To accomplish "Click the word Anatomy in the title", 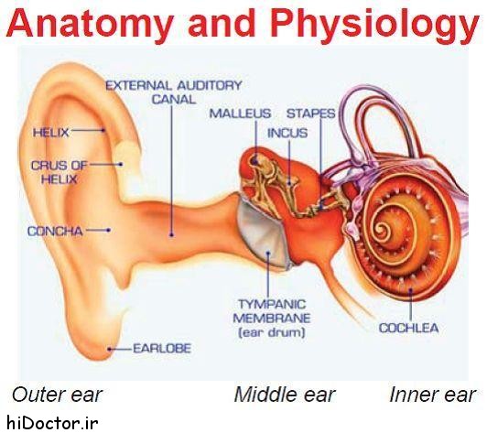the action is pos(89,23).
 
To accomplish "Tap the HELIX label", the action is pos(51,133).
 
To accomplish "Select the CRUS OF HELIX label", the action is pos(59,172).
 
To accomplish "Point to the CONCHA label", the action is pos(55,231).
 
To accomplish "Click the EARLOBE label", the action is pos(162,349).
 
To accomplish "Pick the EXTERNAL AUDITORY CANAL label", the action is pos(174,92).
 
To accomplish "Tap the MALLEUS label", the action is pos(240,114).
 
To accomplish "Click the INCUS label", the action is pos(287,133).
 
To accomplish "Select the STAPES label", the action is pos(310,114).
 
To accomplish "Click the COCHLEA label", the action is pos(408,328).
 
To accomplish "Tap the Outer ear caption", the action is pos(57,395).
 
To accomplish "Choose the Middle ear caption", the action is pos(285,395).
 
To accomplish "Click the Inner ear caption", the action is pos(432,395).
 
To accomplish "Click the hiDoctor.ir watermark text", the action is pos(52,423).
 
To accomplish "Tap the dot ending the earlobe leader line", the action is pos(109,349).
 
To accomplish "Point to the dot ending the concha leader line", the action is pos(108,230).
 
